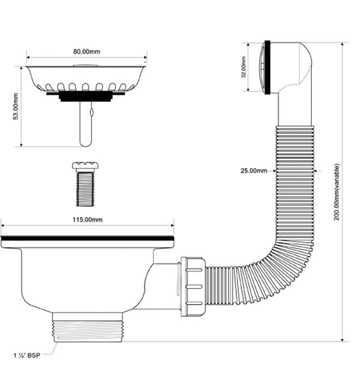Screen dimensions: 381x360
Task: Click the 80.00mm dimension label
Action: [x=87, y=51]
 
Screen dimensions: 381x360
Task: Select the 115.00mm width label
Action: [x=87, y=220]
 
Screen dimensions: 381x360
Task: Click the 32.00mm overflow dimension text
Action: [x=244, y=68]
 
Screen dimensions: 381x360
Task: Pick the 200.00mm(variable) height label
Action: [x=337, y=191]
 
